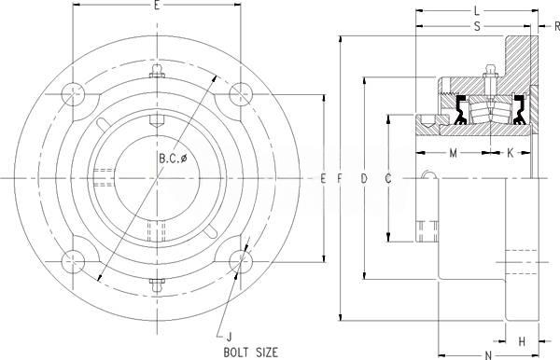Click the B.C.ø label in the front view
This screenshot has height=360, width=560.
click(x=173, y=158)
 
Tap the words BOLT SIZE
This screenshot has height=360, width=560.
click(x=250, y=353)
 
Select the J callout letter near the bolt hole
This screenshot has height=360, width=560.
click(x=230, y=337)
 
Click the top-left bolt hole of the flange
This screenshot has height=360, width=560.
click(x=73, y=94)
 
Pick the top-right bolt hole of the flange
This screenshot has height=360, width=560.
click(x=241, y=94)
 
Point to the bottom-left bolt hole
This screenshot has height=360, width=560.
click(x=73, y=262)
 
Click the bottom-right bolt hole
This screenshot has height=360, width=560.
click(x=241, y=261)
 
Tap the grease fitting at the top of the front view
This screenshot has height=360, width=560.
click(x=157, y=71)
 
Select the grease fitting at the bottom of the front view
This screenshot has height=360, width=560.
click(x=157, y=284)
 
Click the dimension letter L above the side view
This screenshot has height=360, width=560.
click(x=477, y=11)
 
